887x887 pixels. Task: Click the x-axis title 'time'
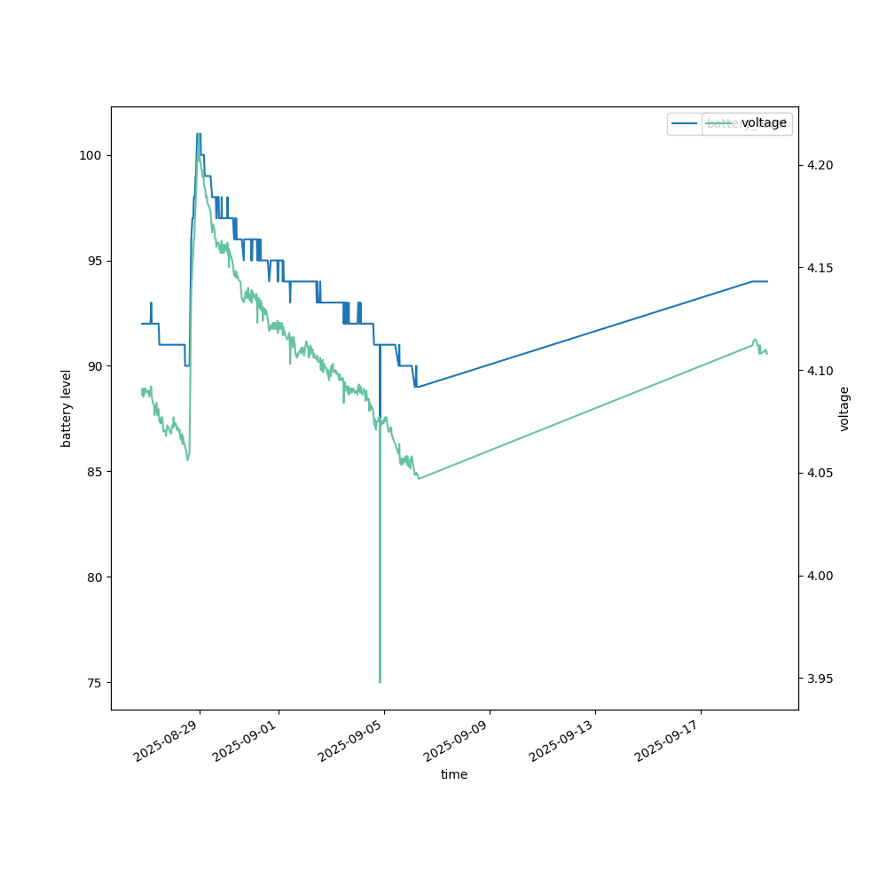click(454, 774)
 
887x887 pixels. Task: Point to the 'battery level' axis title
click(67, 408)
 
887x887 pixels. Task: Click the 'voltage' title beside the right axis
click(844, 408)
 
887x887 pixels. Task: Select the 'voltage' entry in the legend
click(764, 123)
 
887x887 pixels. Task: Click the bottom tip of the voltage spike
click(380, 681)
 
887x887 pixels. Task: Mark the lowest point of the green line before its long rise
click(418, 479)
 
